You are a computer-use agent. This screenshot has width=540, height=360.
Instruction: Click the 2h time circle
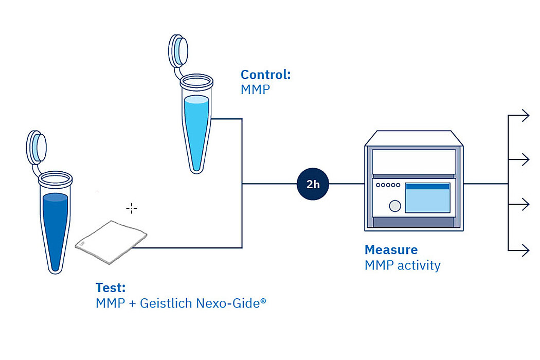pos(313,184)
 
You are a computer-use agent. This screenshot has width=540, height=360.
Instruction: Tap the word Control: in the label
pos(265,75)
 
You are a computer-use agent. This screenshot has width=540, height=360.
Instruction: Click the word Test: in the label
pos(111,287)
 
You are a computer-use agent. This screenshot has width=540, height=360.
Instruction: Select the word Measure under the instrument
pos(391,249)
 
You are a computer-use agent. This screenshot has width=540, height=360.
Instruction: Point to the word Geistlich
pos(166,303)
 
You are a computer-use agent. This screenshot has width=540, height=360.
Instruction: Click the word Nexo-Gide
pos(228,303)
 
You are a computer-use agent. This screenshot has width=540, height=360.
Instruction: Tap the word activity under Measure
pos(419,265)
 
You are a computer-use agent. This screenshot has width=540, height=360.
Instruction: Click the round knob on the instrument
pos(394,206)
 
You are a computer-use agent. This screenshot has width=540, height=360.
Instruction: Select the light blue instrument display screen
pos(427,197)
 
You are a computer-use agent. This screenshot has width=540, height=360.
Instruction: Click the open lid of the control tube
pos(178,50)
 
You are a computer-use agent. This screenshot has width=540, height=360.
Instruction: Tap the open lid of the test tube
pos(36,148)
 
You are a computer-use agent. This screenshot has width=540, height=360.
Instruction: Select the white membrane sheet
pos(111,242)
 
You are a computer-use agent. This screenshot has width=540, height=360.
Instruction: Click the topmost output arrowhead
pos(526,115)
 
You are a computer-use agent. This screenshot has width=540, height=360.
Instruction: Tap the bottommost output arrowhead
pos(526,250)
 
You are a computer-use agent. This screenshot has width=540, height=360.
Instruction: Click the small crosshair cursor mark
pos(132,208)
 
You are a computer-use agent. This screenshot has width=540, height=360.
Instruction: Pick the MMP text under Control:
pos(255,89)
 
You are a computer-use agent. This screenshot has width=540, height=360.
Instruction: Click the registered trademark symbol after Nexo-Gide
pos(263,301)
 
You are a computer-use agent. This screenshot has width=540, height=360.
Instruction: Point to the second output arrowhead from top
pos(526,159)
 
